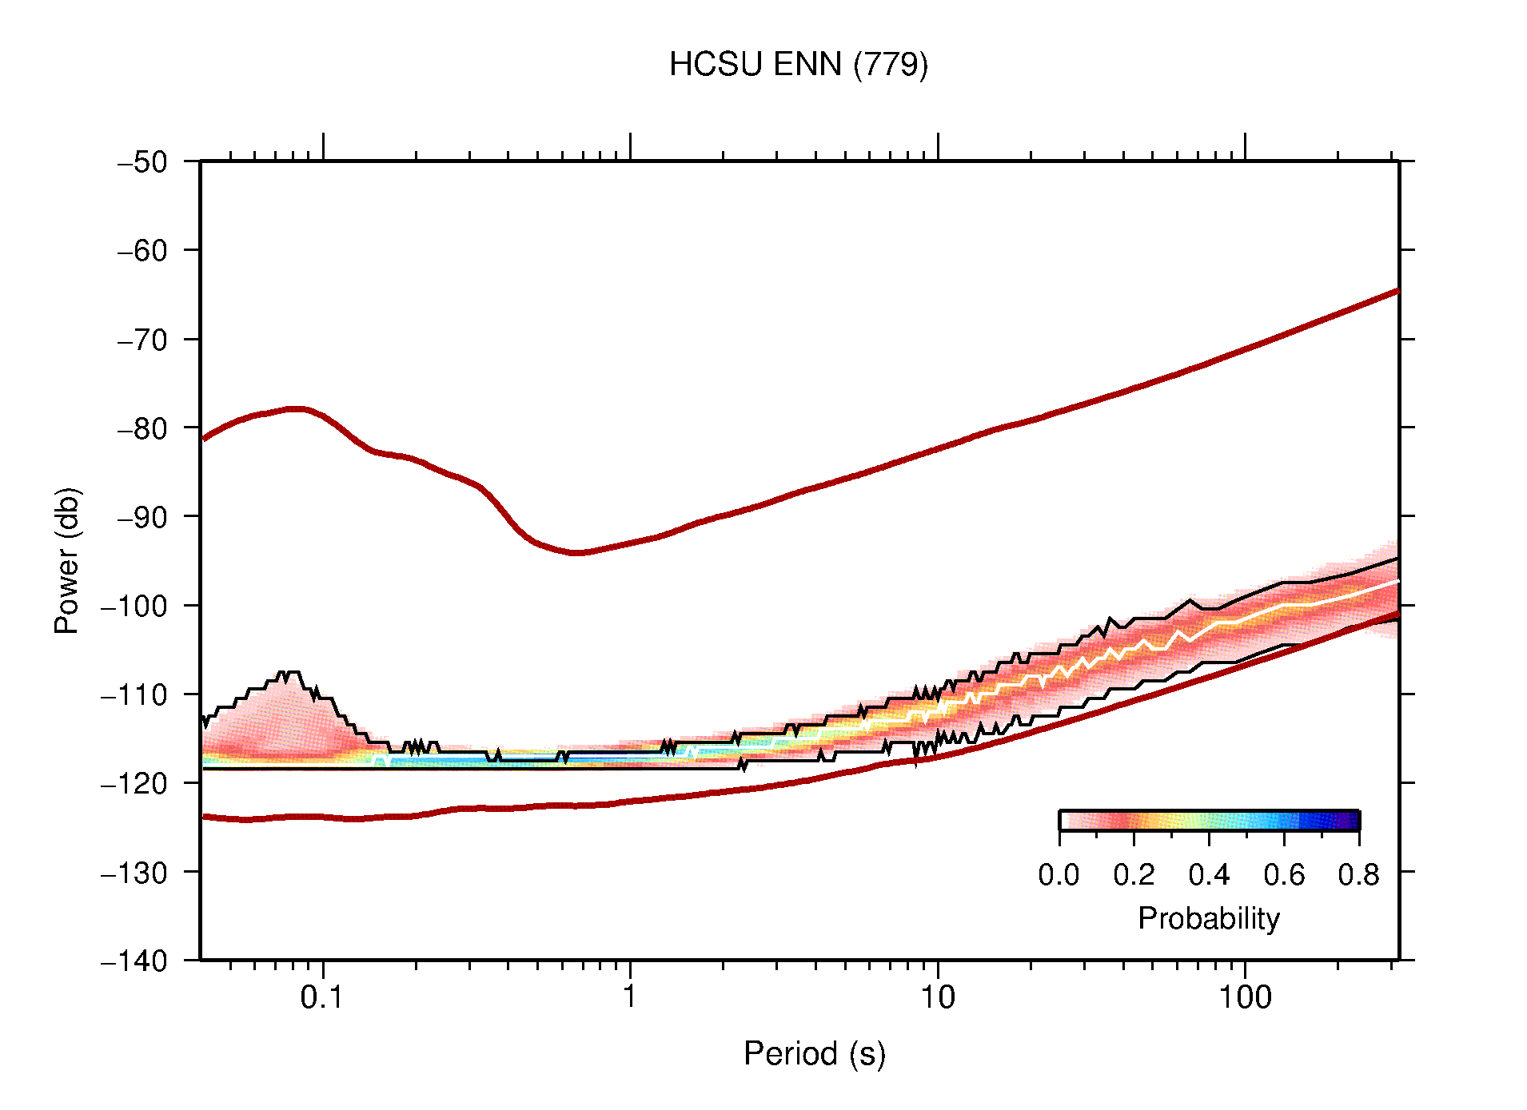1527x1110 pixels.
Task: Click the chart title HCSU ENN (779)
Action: [798, 64]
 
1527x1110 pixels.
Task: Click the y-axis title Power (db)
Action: [66, 560]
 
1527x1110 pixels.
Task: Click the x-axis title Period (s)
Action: [814, 1053]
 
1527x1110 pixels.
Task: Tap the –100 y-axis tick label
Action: [134, 606]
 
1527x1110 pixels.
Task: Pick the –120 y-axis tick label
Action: [134, 783]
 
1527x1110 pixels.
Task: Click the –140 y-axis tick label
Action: [134, 961]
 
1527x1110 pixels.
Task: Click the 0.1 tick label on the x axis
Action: [322, 997]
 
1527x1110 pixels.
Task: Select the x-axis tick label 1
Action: [630, 997]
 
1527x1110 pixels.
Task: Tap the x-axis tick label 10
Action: [937, 997]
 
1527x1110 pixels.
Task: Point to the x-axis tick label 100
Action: [1245, 997]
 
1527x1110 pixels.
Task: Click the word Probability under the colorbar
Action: [1208, 918]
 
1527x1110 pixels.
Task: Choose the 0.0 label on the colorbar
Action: [1059, 875]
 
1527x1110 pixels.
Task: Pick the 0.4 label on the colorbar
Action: [1209, 875]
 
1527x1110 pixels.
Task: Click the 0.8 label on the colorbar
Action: [1358, 875]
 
